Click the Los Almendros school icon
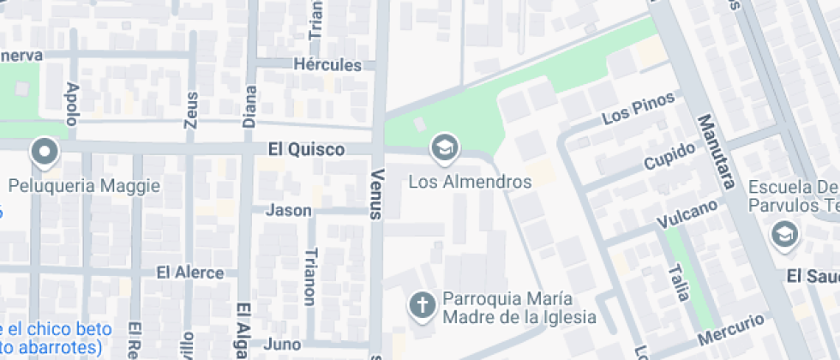pos(444,149)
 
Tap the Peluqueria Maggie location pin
pos(44,154)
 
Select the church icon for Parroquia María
pos(421,304)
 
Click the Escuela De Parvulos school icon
pos(783,232)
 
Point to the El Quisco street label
pos(306,149)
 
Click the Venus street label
pos(375,193)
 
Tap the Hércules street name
pos(327,64)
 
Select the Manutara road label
pos(717,152)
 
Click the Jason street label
pos(289,210)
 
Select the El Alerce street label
pos(189,273)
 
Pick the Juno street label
pos(284,345)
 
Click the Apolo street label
pos(72,105)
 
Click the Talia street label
pos(680,282)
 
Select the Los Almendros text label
pos(470,182)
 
